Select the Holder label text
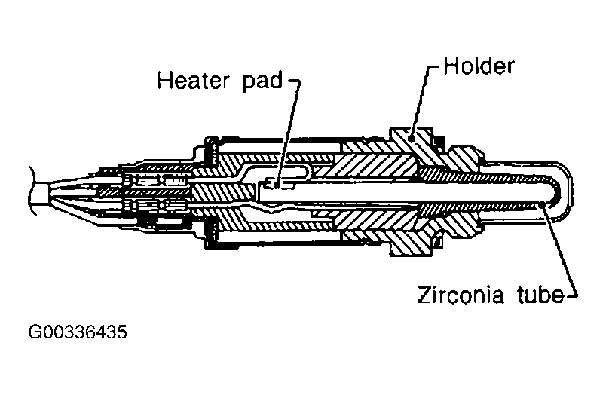(479, 65)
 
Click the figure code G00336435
(78, 332)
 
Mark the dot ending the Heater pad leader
(277, 183)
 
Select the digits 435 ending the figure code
(112, 332)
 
